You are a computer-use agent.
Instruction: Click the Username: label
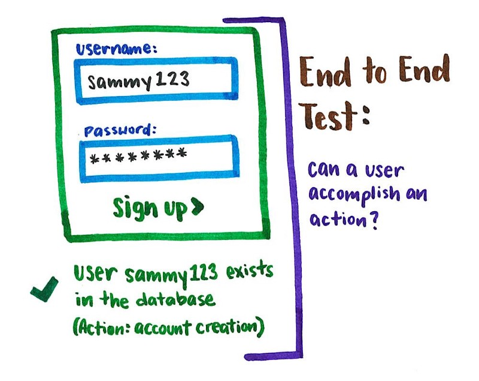tap(116, 50)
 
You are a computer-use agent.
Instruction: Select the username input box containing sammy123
tap(157, 81)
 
